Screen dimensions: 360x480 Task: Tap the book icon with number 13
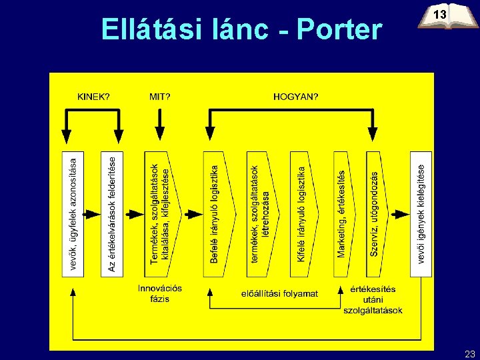pyautogui.click(x=441, y=17)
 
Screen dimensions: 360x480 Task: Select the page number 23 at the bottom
pyautogui.click(x=469, y=353)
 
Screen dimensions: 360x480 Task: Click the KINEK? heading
pyautogui.click(x=93, y=96)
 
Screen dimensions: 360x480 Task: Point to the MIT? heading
pyautogui.click(x=159, y=96)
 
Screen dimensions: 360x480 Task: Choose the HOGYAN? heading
pyautogui.click(x=295, y=96)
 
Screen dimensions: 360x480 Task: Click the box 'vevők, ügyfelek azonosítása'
pyautogui.click(x=73, y=213)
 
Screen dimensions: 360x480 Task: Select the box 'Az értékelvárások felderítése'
pyautogui.click(x=111, y=213)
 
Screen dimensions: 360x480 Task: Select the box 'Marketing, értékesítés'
pyautogui.click(x=343, y=213)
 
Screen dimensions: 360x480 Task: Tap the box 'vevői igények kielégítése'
pyautogui.click(x=421, y=213)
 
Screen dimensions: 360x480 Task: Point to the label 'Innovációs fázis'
pyautogui.click(x=160, y=293)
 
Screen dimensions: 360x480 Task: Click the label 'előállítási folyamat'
pyautogui.click(x=279, y=293)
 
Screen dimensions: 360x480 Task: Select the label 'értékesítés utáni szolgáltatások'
pyautogui.click(x=373, y=299)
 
